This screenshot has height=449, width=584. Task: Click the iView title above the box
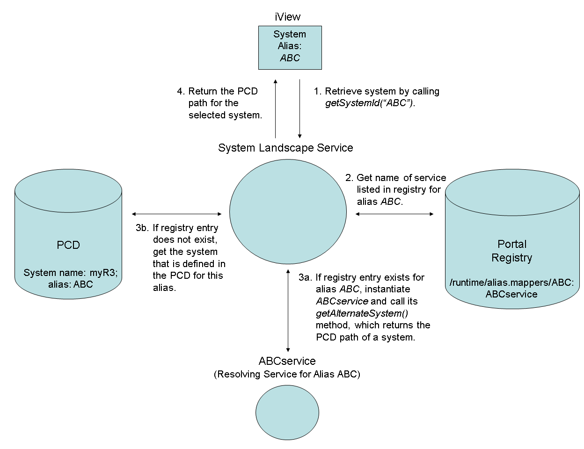point(287,17)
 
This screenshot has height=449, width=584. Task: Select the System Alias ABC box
point(290,47)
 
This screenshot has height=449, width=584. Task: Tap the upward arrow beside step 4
point(275,109)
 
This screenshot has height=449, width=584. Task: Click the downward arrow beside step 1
point(299,109)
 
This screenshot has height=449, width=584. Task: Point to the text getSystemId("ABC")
point(370,103)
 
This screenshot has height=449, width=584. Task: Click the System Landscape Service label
point(285,148)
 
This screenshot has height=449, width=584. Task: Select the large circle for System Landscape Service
point(288,212)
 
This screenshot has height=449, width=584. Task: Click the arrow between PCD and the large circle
point(177,214)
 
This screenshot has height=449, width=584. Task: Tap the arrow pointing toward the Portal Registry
point(394,214)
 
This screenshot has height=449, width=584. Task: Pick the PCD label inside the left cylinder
point(68,245)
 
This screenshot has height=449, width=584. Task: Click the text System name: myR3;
point(71,273)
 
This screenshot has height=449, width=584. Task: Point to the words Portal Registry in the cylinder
point(512,251)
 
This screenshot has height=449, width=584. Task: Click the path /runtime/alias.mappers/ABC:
point(511,282)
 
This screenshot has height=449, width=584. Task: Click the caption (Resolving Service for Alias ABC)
point(287,374)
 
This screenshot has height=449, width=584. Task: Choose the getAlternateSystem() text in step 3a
point(362,313)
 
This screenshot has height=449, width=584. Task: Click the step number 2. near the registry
point(349,178)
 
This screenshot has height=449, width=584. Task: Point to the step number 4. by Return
point(181,91)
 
